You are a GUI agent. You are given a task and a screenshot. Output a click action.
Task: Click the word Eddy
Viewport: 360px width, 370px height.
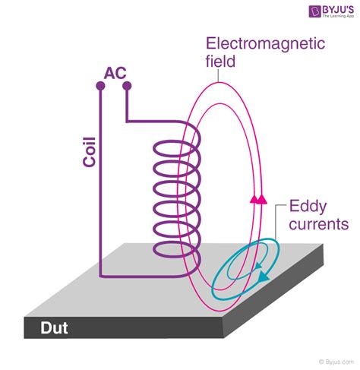point(307,207)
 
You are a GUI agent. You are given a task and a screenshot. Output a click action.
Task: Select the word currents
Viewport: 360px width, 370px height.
point(318,224)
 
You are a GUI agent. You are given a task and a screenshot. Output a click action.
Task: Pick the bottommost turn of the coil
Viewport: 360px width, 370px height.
point(177,249)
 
